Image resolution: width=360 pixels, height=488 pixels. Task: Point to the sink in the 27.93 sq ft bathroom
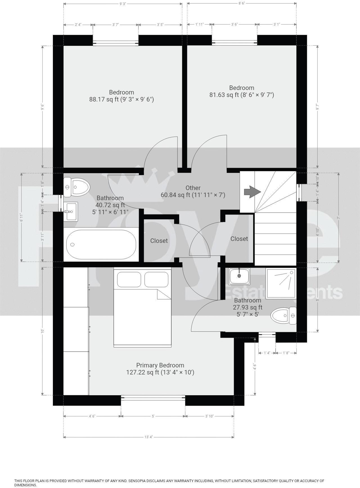click(x=239, y=276)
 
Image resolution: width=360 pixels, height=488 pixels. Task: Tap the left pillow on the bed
click(x=129, y=279)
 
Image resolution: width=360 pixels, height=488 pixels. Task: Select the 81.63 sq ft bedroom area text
click(x=241, y=95)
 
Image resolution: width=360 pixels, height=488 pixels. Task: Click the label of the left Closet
click(x=159, y=241)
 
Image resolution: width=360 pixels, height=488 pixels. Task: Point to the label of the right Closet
click(x=239, y=239)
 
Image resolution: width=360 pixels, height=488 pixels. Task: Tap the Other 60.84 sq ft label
click(x=193, y=191)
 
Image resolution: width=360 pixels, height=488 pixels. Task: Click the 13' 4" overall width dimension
click(x=148, y=437)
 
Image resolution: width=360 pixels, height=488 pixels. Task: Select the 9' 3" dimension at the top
click(x=122, y=4)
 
